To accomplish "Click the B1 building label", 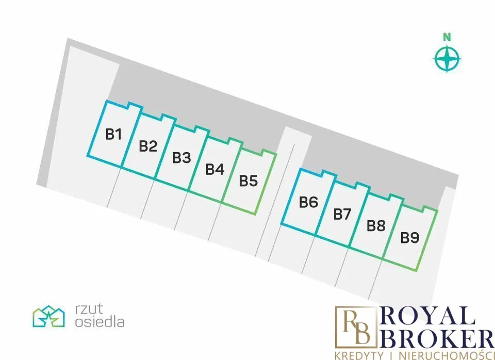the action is click(113, 134).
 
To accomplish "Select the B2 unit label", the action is click(148, 146).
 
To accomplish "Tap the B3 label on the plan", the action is click(181, 158).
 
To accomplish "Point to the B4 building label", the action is click(215, 169).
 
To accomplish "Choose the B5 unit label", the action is click(249, 181).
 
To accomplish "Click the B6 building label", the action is click(308, 202).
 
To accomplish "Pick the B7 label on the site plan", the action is click(342, 215).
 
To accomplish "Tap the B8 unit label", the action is click(376, 226).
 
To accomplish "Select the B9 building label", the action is click(410, 238).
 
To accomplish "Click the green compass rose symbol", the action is click(447, 59).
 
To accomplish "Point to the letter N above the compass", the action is click(447, 37).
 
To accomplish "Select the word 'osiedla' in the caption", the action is click(100, 322).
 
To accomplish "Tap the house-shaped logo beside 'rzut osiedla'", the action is click(48, 316).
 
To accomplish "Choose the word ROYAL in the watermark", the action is click(428, 316).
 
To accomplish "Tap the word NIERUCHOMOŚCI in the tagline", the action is click(442, 355).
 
